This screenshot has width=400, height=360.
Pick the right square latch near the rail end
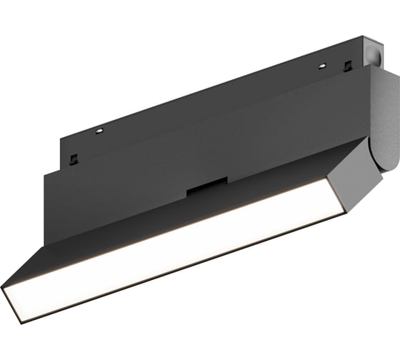coord(347,67)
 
